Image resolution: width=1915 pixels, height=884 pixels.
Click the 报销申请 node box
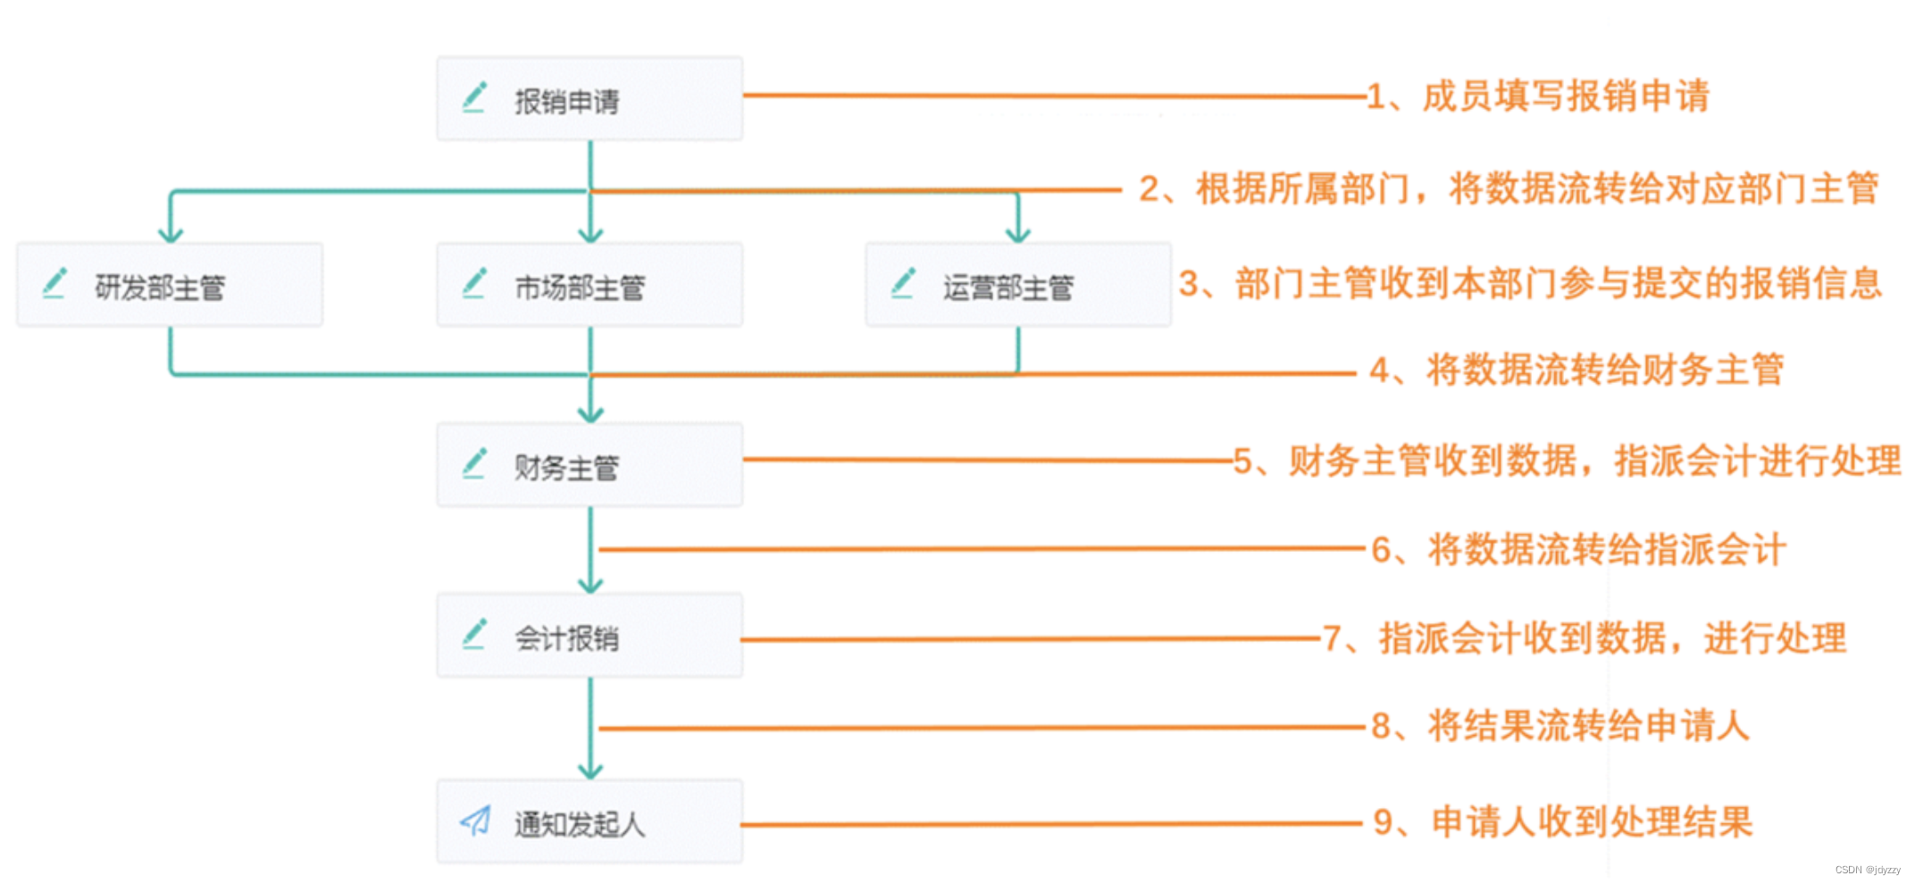coord(590,99)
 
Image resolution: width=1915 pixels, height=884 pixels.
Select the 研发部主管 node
coord(170,285)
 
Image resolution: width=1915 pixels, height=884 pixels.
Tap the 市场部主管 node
coord(590,285)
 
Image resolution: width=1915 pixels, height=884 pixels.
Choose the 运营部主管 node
coord(1018,285)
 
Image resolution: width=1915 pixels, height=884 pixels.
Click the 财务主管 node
coord(590,465)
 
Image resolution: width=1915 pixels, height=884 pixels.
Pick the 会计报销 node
coord(590,636)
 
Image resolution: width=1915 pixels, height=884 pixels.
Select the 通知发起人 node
coord(590,821)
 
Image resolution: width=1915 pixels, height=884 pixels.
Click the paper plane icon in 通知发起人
coord(475,820)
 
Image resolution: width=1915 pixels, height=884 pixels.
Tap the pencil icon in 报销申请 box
coord(474,97)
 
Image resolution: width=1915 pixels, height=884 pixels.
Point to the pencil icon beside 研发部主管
coord(55,283)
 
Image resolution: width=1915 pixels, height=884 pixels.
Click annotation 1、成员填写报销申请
coord(1538,96)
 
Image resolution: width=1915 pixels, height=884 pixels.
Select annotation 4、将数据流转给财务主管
coord(1576,370)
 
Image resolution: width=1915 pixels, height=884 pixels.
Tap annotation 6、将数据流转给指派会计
coord(1578,549)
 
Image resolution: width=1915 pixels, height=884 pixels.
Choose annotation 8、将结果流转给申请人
coord(1560,726)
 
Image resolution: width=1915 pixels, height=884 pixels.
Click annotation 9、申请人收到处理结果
coord(1563,821)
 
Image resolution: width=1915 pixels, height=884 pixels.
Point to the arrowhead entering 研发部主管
coord(171,235)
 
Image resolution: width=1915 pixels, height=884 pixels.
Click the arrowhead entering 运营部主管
coord(1018,235)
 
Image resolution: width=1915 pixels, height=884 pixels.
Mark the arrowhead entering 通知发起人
coord(590,771)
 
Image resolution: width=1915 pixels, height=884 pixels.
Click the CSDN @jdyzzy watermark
coord(1868,870)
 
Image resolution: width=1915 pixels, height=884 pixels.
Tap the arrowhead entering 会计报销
coord(590,586)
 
